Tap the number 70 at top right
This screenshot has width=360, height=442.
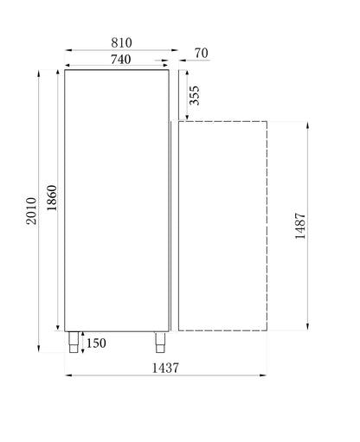(x=200, y=54)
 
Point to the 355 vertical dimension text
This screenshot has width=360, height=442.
(x=195, y=94)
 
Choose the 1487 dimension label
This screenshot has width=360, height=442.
(x=300, y=227)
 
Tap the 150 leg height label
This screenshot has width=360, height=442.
(x=97, y=344)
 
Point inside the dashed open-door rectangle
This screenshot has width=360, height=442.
(x=222, y=225)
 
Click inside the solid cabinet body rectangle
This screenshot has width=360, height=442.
(x=117, y=199)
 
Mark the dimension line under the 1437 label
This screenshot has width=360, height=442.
(x=165, y=375)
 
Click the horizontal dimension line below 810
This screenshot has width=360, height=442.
(x=121, y=50)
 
